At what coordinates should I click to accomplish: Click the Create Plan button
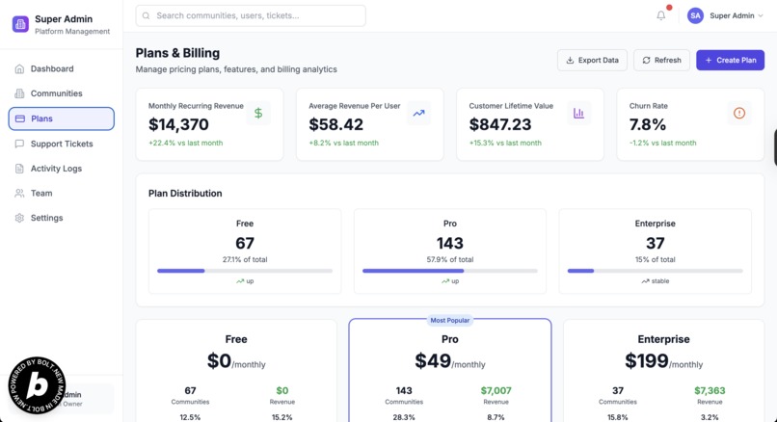tap(730, 60)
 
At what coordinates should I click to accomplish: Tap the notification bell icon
tap(661, 15)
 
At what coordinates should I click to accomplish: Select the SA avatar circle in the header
tap(695, 15)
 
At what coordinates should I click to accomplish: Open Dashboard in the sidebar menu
tap(51, 69)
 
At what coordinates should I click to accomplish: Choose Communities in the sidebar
tap(56, 93)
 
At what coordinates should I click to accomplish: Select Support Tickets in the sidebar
tap(61, 144)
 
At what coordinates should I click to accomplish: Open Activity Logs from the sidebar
tap(56, 169)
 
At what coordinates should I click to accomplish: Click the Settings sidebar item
tap(46, 218)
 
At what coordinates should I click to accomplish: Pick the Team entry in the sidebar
tap(41, 193)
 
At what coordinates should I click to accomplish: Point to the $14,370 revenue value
tap(178, 124)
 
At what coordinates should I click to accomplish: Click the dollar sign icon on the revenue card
tap(258, 113)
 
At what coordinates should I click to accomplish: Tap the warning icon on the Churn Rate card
tap(739, 113)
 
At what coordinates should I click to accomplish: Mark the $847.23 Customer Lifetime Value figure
tap(500, 124)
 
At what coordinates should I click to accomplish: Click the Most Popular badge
tap(450, 320)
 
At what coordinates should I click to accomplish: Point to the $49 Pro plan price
tap(434, 361)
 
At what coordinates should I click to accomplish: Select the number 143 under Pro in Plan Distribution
tap(450, 244)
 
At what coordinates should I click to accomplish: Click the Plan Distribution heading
tap(185, 193)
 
